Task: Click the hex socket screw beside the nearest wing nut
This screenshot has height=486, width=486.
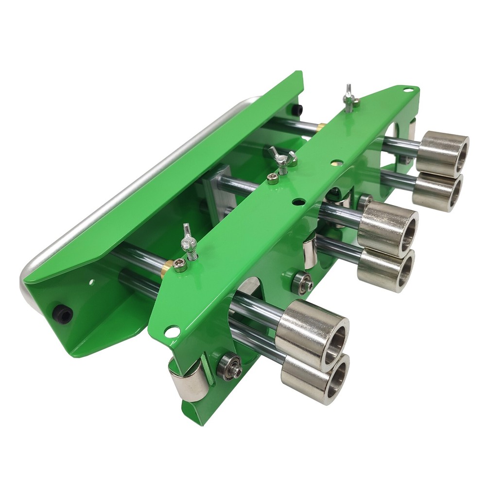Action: pos(180,266)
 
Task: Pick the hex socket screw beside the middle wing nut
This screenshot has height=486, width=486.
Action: pos(272,178)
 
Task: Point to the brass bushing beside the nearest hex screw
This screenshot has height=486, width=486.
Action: pos(166,265)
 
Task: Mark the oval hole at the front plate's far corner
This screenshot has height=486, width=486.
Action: pos(408,90)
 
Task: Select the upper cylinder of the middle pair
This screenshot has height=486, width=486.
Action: pos(389,228)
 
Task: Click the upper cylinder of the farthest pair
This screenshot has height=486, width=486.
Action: pos(443,153)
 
